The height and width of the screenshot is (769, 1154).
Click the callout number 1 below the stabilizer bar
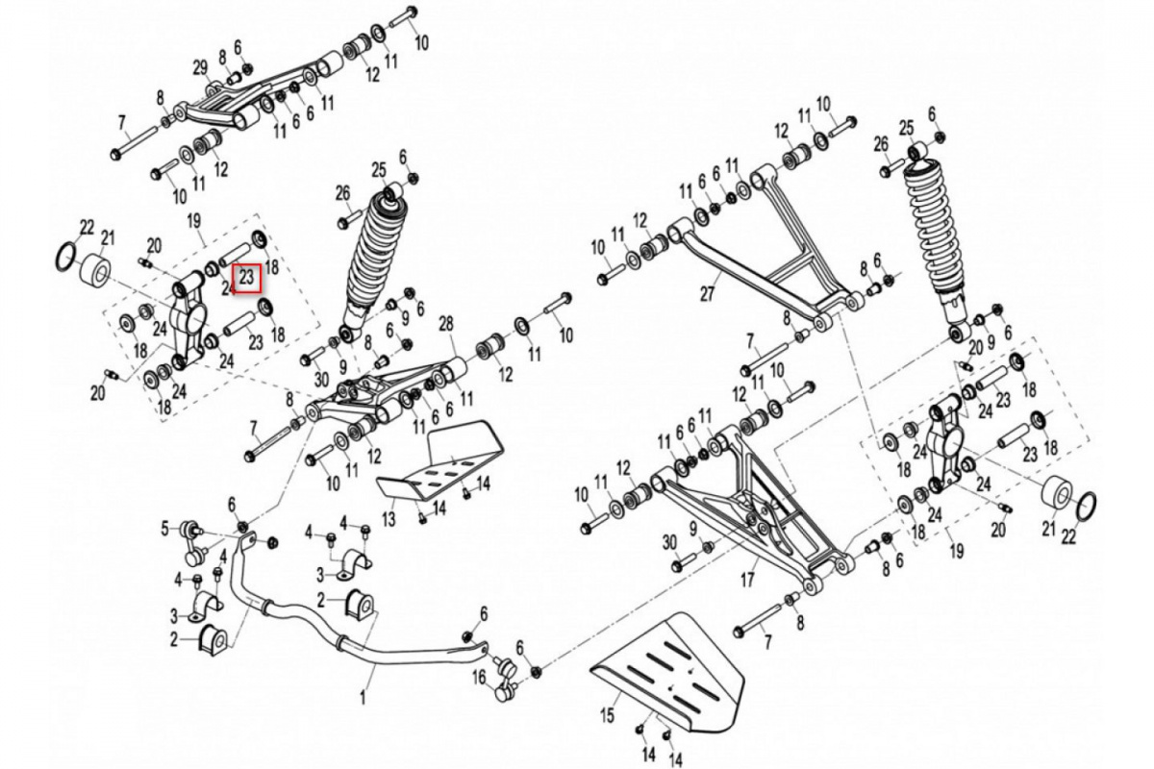click(363, 700)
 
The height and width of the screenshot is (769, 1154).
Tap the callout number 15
click(607, 714)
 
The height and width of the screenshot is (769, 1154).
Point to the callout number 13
click(389, 519)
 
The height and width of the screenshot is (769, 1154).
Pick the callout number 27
click(707, 294)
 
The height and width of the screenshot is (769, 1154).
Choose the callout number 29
click(200, 67)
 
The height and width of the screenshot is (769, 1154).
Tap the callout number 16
click(480, 678)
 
